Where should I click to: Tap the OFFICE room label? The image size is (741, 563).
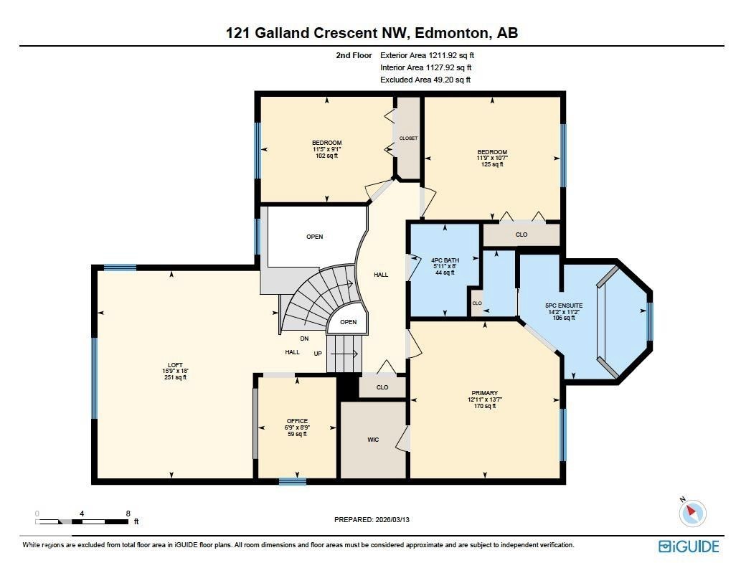297,421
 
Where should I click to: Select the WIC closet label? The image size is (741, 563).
372,440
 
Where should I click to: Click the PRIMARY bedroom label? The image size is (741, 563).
484,393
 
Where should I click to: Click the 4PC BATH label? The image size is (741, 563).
444,260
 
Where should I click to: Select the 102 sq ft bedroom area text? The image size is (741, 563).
326,156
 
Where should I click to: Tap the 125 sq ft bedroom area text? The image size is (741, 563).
492,164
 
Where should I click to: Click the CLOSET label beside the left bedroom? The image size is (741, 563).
408,138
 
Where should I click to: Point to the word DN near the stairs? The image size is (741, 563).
305,339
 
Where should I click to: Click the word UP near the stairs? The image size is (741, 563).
318,354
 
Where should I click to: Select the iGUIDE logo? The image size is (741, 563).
689,547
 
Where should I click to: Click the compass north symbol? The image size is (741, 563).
692,512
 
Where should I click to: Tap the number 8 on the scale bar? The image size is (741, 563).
128,514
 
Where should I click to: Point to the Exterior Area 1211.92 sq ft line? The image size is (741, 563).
427,55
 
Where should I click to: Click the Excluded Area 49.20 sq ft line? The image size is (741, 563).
425,80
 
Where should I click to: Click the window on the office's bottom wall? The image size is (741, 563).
293,481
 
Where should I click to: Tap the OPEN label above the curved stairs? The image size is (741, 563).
314,237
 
